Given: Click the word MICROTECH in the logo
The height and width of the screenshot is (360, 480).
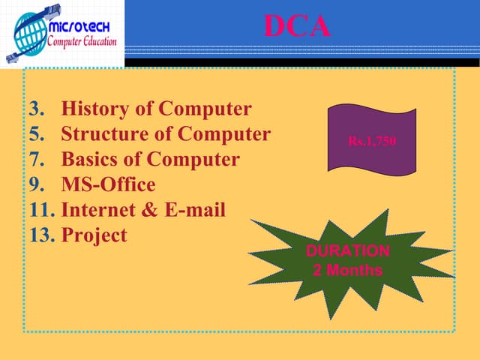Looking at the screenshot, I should pos(80,26).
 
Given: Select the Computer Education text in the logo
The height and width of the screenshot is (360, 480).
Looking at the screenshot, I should pos(82,40).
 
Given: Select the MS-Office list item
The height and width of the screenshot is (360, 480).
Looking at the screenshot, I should pos(108,185).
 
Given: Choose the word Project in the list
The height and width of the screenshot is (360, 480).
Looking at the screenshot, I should pos(94,235).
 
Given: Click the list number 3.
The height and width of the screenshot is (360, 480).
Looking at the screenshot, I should pos(36,109).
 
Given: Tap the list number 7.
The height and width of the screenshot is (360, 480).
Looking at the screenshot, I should pos(36,160).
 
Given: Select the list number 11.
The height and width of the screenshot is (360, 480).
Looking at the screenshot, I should pos(40,210).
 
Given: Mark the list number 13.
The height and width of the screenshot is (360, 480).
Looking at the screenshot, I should pos(40,235).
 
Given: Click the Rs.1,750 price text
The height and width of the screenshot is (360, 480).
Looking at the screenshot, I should pos(371,140).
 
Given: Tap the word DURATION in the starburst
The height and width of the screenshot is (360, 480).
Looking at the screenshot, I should pos(347,251).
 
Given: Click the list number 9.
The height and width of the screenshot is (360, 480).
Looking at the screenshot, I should pos(36,185).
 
